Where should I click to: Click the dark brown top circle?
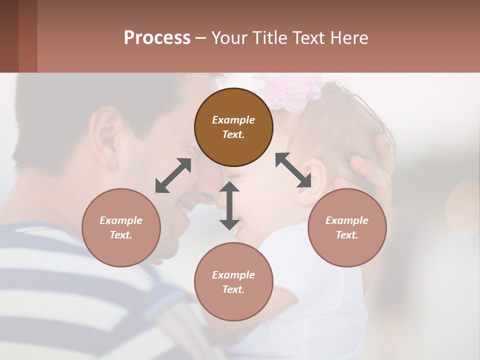tap(233, 127)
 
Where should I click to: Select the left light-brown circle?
tap(121, 227)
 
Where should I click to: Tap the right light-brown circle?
tap(347, 227)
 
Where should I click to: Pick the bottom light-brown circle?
tap(233, 282)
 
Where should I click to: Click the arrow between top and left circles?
tap(173, 175)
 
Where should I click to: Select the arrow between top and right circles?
tap(293, 170)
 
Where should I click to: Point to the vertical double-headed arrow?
tap(229, 206)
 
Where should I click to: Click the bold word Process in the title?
tap(157, 37)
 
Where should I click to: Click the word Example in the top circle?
tap(233, 120)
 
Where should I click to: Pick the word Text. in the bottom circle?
tap(233, 289)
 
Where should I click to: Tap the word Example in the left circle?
tap(121, 220)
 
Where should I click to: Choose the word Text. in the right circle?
tap(347, 235)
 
